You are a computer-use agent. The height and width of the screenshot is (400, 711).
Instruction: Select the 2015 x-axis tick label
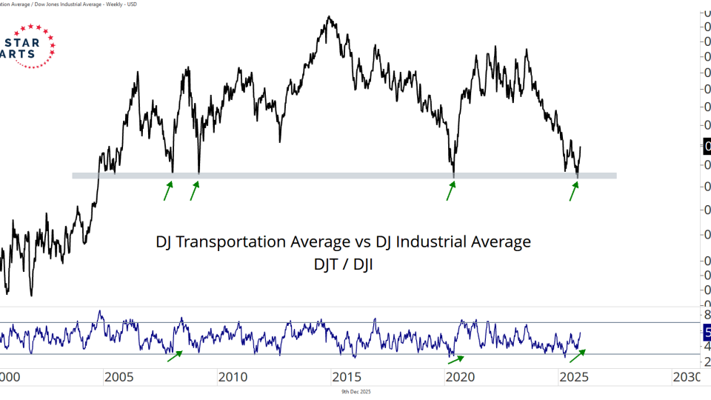pos(346,377)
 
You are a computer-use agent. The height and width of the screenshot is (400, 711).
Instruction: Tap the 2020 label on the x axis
pos(459,377)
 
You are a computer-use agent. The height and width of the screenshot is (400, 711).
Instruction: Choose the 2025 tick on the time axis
pos(573,377)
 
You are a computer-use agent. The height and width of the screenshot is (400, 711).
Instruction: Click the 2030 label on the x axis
pos(686,377)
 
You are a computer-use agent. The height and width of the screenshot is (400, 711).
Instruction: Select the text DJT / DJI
pos(343,264)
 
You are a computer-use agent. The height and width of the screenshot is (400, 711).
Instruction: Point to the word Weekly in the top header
pos(116,4)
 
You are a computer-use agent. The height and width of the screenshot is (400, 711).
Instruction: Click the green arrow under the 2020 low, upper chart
pos(450,191)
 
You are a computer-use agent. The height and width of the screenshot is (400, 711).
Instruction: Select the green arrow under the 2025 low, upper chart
pos(573,191)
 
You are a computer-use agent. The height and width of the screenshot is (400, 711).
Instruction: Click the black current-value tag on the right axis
pos(705,147)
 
